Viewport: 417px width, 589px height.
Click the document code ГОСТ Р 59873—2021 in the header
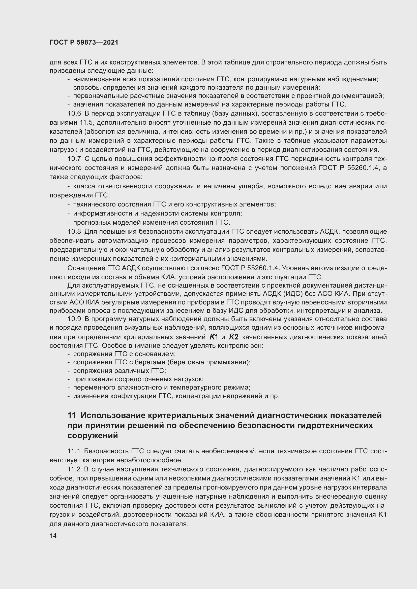84,43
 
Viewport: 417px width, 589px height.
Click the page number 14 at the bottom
53,536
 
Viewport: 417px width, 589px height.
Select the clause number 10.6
74,113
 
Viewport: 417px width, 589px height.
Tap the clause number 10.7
74,159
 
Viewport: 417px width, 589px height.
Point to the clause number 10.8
74,232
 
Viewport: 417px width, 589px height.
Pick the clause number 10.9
74,319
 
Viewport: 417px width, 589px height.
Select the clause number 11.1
74,451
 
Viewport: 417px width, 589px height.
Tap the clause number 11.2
74,469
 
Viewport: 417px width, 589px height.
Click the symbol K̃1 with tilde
214,337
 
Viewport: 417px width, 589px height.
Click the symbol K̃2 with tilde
234,337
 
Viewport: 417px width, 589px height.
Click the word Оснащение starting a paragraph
85,268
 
